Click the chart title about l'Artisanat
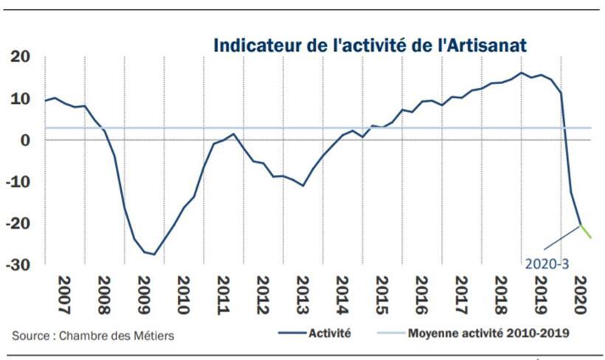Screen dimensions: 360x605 (x=370, y=45)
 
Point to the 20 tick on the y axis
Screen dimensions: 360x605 (x=21, y=58)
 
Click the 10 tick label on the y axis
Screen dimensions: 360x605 (x=21, y=99)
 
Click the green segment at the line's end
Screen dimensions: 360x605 (x=587, y=231)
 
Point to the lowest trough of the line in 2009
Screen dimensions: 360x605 (x=153, y=255)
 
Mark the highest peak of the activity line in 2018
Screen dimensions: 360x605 (x=521, y=72)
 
